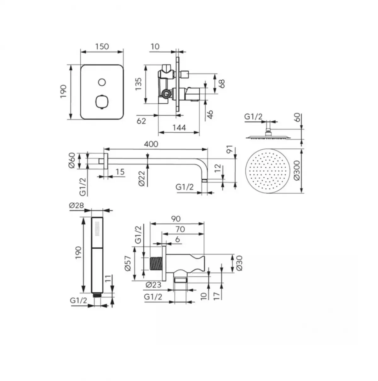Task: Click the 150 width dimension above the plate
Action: click(102, 46)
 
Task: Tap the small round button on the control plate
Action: click(101, 82)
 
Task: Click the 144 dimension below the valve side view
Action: click(179, 128)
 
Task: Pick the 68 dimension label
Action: click(222, 84)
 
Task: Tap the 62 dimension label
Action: click(141, 120)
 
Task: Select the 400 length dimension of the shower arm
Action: click(151, 144)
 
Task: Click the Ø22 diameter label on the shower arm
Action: click(141, 179)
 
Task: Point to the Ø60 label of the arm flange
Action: click(72, 160)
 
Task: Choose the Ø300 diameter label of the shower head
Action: click(296, 171)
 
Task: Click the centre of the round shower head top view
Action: click(270, 171)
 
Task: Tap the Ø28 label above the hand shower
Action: click(75, 205)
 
